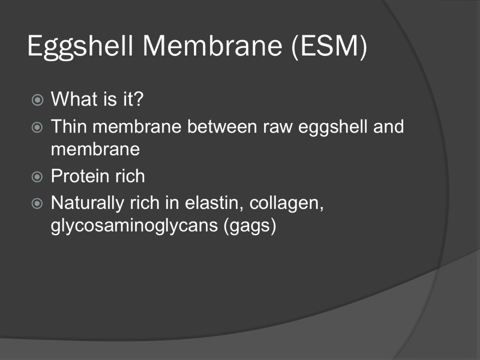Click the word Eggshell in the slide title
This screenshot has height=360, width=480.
pyautogui.click(x=80, y=46)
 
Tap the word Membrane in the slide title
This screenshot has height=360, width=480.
pyautogui.click(x=212, y=46)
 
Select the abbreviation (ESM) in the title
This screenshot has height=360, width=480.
pyautogui.click(x=329, y=46)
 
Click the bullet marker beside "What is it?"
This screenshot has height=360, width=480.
pyautogui.click(x=37, y=100)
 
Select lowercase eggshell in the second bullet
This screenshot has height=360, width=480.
pyautogui.click(x=333, y=127)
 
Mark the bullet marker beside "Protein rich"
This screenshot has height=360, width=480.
pyautogui.click(x=37, y=176)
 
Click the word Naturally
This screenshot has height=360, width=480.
pyautogui.click(x=87, y=203)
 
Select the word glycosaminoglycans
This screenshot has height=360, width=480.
pyautogui.click(x=134, y=226)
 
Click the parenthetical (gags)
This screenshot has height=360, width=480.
pyautogui.click(x=250, y=226)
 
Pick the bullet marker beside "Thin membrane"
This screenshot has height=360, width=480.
pyautogui.click(x=37, y=127)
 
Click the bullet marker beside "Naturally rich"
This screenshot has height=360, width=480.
pyautogui.click(x=37, y=203)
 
